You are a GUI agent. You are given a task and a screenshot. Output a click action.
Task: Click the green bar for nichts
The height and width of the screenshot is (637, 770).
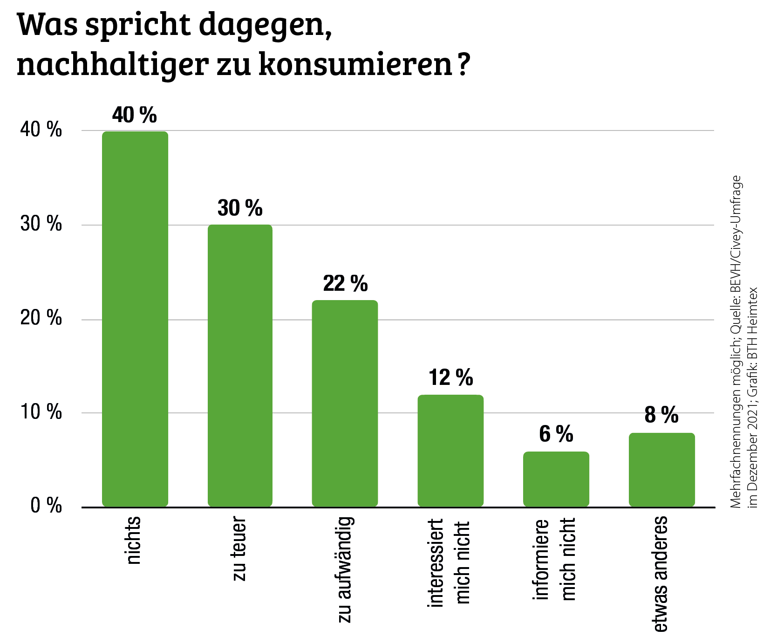point(135,319)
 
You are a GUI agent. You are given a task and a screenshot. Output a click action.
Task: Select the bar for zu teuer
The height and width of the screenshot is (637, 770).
point(240,366)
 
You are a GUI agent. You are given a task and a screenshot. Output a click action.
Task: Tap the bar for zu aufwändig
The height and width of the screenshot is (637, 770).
point(345,404)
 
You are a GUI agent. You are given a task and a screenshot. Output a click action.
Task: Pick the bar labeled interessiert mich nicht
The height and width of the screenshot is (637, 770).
point(450,451)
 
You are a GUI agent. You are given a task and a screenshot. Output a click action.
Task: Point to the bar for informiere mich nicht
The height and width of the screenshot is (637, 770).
point(556,479)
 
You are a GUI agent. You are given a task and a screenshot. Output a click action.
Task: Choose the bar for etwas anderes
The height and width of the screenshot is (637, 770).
point(661,470)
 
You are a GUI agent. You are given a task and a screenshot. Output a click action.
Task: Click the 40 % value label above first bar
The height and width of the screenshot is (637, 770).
point(135,115)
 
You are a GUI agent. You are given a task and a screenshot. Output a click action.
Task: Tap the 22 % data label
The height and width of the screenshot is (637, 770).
point(345,284)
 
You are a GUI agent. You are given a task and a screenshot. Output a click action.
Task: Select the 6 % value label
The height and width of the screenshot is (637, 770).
point(556,434)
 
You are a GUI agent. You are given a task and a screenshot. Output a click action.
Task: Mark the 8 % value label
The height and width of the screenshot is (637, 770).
point(661,415)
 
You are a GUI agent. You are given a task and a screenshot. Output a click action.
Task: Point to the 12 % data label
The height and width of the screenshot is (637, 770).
point(450,377)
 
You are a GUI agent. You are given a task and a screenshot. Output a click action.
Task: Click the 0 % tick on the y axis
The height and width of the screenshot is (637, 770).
point(46,506)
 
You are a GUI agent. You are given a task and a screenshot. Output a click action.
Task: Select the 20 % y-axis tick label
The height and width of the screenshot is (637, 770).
point(41,318)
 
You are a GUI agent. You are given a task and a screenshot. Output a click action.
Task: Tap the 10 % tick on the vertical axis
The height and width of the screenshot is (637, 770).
point(41,412)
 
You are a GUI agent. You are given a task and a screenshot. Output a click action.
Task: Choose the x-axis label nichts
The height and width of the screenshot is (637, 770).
point(134,540)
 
